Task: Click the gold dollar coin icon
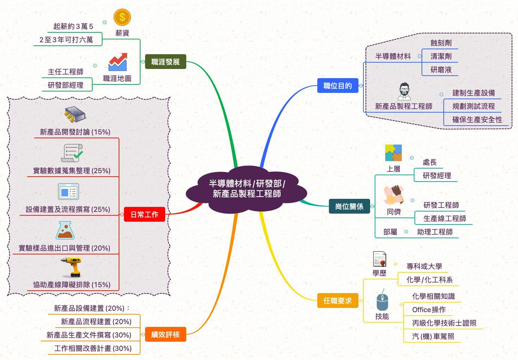122,17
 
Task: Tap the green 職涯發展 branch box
165,62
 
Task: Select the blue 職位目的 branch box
337,86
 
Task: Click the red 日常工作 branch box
144,214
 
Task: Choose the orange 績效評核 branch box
165,334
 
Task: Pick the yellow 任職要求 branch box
337,301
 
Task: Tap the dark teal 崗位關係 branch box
349,206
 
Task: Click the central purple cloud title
246,189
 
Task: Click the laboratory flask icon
65,230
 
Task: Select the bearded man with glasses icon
404,92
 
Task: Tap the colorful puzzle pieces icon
393,153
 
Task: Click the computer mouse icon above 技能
382,301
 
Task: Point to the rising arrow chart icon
118,62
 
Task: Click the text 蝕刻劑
441,43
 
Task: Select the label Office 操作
429,310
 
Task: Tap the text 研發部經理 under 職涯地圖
65,85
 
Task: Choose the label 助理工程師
435,232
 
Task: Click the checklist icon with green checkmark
72,153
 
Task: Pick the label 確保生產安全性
477,120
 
